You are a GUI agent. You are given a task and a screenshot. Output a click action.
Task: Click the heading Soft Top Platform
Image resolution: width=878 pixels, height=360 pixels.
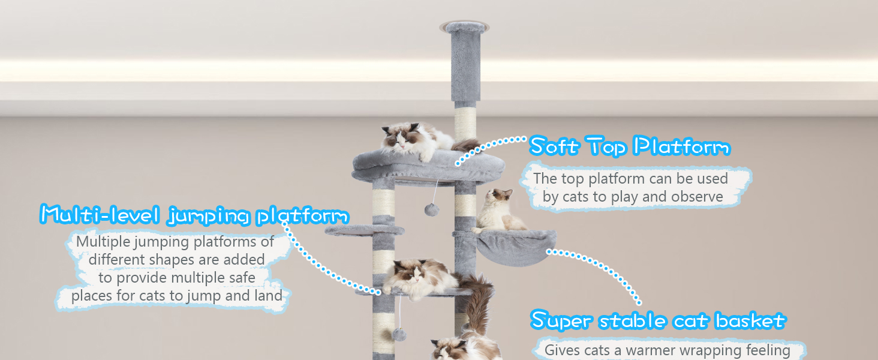[x=630, y=146]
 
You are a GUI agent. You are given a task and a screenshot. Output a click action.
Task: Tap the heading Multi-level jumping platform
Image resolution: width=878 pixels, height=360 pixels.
[x=194, y=215]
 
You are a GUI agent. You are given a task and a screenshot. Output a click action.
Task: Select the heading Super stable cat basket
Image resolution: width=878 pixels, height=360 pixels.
[x=658, y=320]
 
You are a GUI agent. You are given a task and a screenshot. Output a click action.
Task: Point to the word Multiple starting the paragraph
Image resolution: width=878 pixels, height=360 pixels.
[x=103, y=242]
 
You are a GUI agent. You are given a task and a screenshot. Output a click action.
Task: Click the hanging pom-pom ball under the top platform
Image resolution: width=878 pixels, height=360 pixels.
[x=432, y=210]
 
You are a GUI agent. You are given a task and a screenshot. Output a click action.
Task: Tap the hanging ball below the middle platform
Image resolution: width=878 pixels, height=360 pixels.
[x=399, y=335]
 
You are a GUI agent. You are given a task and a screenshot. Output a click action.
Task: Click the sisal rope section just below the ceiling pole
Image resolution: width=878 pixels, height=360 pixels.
[x=465, y=124]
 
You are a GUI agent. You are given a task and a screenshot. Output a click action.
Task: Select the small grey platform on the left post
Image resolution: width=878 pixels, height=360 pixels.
[x=365, y=230]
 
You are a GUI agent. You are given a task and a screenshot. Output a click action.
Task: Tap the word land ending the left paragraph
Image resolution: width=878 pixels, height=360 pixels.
[x=269, y=295]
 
